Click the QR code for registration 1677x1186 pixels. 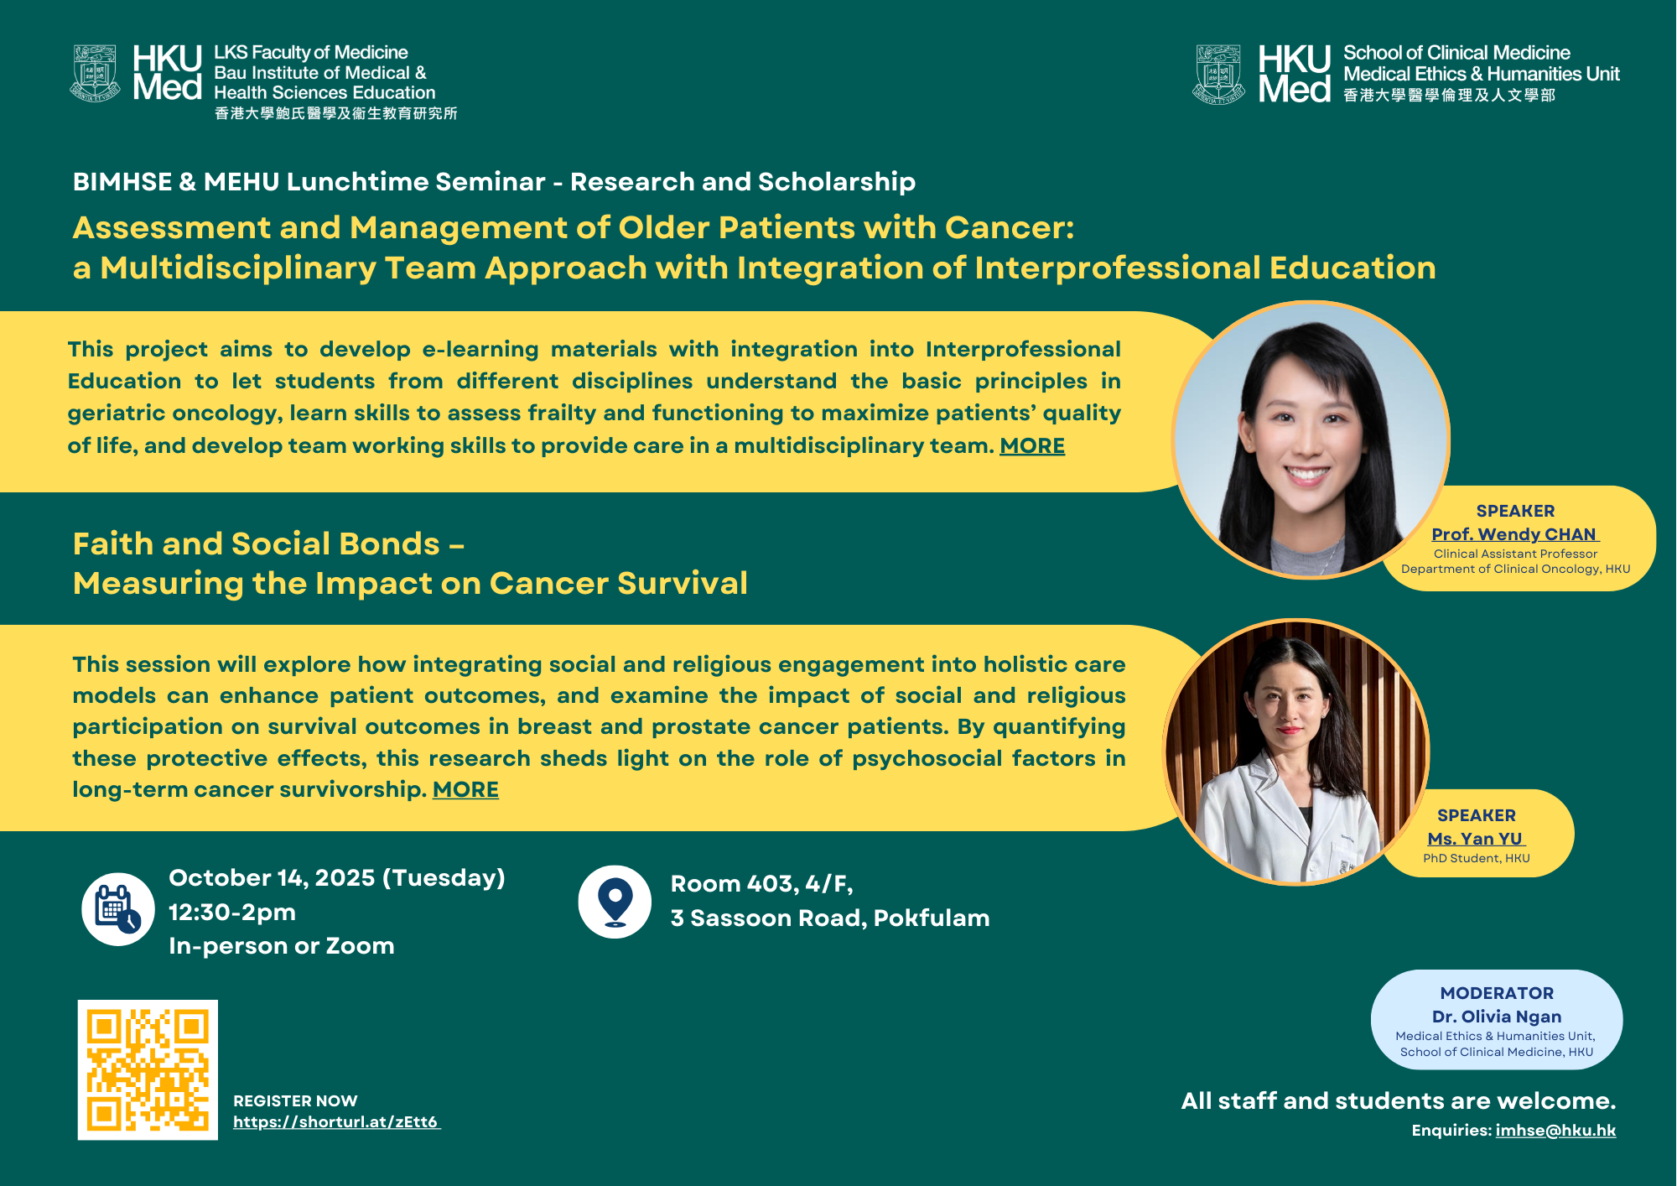[x=148, y=1069]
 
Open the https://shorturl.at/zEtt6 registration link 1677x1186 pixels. [x=336, y=1122]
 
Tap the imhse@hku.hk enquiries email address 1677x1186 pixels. [x=1555, y=1131]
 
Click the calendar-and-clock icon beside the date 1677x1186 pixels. [x=118, y=909]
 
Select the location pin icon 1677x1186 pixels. [x=615, y=902]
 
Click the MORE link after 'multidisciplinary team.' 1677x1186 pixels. [x=1032, y=446]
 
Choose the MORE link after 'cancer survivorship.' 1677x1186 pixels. [x=465, y=790]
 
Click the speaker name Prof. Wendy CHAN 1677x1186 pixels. [x=1514, y=534]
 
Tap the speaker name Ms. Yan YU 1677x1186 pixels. [x=1476, y=839]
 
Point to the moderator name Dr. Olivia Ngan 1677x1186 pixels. [x=1497, y=1017]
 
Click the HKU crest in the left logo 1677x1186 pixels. [x=95, y=74]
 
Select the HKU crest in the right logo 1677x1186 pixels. [x=1218, y=75]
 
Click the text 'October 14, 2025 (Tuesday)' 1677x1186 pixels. [x=337, y=878]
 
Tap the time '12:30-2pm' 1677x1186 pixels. [x=232, y=913]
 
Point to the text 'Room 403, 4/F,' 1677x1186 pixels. [x=761, y=884]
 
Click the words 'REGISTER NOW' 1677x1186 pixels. [x=295, y=1101]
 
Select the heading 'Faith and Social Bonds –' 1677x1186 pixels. [x=268, y=544]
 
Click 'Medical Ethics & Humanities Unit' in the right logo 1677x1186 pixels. [x=1482, y=74]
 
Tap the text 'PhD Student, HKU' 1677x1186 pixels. [x=1477, y=859]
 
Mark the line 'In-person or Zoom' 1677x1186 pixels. [x=282, y=946]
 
